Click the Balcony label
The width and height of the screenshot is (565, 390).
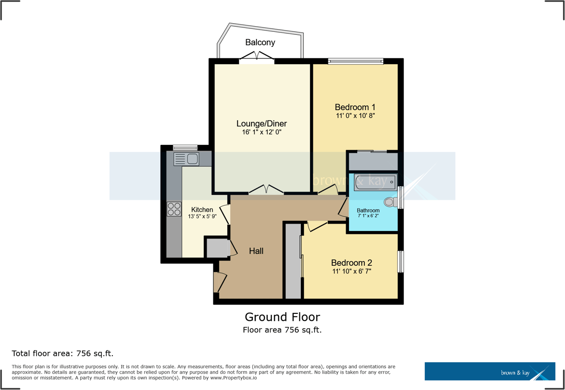point(260,42)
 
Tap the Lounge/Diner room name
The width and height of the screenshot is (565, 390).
point(262,124)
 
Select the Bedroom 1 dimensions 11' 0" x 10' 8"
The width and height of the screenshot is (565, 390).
point(355,116)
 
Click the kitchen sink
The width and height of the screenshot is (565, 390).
point(186,159)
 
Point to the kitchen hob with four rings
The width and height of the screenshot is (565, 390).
point(174,209)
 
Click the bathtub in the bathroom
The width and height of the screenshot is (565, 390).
point(374,183)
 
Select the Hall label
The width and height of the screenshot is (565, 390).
point(256,251)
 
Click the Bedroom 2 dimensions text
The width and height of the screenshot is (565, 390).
point(351,271)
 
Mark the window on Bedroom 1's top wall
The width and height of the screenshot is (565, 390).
point(355,61)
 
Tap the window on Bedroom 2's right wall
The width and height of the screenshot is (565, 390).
point(400,261)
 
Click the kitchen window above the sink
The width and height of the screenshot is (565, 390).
point(185,147)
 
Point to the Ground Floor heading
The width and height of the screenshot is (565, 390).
point(282,317)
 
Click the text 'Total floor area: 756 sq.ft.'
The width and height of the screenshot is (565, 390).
point(62,354)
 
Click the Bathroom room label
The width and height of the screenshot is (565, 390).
point(368,210)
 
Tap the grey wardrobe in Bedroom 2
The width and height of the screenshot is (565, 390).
point(293,261)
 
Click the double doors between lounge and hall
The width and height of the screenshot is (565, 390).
point(266,190)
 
